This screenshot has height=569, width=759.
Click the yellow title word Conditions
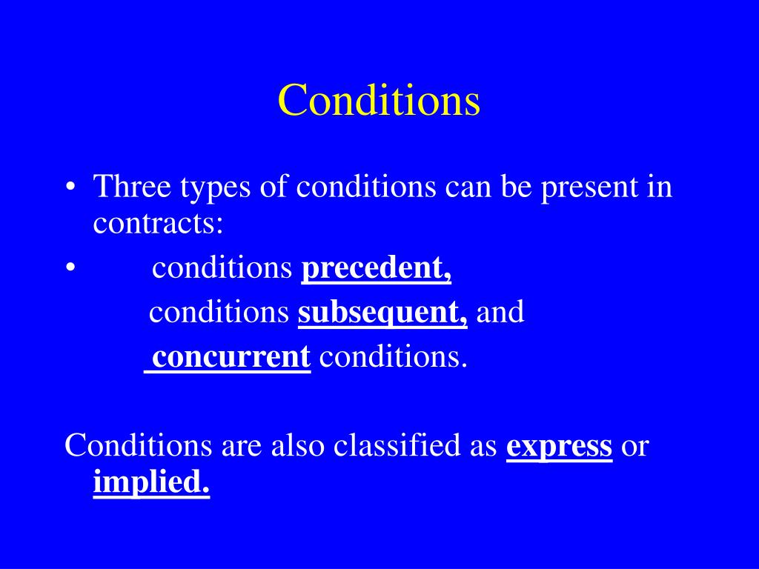point(379,100)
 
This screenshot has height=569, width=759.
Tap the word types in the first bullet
point(215,187)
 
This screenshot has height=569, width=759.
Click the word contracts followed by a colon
point(158,223)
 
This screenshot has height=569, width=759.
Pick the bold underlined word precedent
point(376,269)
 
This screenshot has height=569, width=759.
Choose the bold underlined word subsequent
point(382,313)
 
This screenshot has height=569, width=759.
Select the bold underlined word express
point(559,447)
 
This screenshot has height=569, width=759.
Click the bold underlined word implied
point(151,483)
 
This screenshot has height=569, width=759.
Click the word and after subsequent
point(500,313)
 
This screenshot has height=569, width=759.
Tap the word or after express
point(634,447)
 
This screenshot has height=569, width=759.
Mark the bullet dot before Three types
point(69,187)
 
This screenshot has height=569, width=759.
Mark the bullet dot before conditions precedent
point(69,269)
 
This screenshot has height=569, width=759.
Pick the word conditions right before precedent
point(222,269)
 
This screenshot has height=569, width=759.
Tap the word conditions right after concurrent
point(393,357)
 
